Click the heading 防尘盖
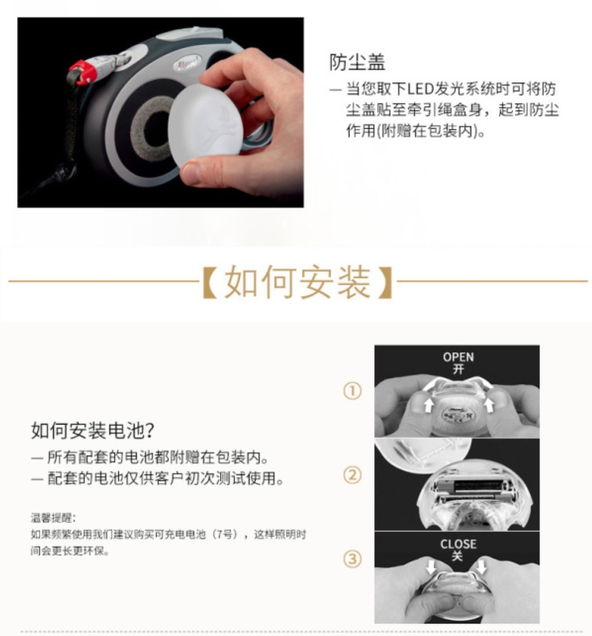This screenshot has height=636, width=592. (357, 62)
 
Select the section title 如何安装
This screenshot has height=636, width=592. (298, 282)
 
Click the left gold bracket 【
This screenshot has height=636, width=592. (210, 282)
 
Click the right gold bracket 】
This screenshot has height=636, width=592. (385, 282)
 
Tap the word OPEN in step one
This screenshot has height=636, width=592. (458, 357)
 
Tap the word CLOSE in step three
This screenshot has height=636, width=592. (458, 544)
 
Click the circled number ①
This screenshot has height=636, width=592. (352, 391)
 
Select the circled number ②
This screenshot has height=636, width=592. (352, 475)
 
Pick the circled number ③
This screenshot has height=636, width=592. (352, 559)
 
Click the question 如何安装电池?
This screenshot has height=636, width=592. (92, 431)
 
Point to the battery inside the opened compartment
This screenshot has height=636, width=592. (477, 488)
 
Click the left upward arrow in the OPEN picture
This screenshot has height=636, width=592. (428, 405)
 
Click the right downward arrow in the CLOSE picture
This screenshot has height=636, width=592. (481, 566)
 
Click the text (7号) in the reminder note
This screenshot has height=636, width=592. (225, 535)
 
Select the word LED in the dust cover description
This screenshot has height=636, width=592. (420, 89)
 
